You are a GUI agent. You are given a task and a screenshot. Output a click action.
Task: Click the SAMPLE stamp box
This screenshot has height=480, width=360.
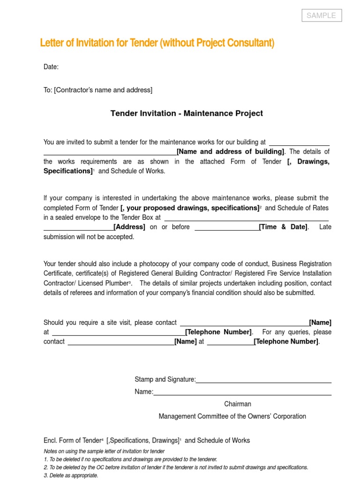(x=321, y=15)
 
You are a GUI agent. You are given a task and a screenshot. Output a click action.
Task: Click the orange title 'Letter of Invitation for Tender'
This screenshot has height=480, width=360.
(x=99, y=43)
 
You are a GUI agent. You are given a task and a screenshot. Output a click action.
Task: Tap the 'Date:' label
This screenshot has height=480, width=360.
(x=51, y=67)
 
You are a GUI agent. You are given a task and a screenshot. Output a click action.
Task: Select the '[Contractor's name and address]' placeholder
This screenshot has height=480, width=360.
(x=103, y=90)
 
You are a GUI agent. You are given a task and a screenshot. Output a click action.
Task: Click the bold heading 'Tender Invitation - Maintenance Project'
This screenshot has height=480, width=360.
(x=187, y=113)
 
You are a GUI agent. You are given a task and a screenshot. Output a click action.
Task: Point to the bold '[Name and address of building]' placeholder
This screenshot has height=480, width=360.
(x=230, y=152)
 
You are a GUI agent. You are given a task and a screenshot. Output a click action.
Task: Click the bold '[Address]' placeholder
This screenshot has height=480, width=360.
(x=130, y=227)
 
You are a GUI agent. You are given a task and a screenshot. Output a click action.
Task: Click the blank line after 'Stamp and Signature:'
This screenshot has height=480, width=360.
(x=263, y=380)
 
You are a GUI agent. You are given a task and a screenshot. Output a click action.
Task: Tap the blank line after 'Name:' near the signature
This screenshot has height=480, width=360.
(x=242, y=392)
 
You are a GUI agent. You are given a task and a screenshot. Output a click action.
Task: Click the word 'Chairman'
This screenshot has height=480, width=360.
(x=238, y=404)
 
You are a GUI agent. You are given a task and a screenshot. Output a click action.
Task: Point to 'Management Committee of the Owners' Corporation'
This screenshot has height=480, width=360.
(x=232, y=416)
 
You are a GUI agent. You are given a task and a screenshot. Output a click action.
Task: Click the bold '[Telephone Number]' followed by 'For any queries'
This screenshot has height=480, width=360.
(x=218, y=332)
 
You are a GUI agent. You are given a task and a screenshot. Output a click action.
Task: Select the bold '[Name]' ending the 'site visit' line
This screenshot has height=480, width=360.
(x=320, y=322)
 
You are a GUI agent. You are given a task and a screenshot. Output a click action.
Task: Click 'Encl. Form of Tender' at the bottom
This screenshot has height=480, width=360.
(x=72, y=441)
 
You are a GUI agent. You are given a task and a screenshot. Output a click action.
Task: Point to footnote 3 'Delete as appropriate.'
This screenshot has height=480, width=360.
(x=71, y=475)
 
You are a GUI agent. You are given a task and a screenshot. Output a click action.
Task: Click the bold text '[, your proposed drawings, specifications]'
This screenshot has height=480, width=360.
(x=189, y=208)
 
